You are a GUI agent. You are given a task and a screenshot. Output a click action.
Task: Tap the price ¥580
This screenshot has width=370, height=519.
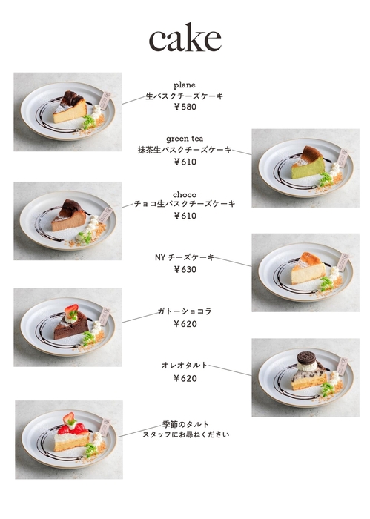click(x=185, y=107)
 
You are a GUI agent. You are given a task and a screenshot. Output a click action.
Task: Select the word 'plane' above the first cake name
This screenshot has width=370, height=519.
click(x=185, y=85)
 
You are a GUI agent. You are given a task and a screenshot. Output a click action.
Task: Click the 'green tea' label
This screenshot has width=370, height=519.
click(x=185, y=139)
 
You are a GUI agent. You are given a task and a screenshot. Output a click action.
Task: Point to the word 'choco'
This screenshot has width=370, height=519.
click(x=185, y=194)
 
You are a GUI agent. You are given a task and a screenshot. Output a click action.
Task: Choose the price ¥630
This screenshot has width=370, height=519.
click(x=185, y=269)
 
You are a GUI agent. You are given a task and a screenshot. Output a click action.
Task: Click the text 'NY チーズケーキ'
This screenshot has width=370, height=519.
click(x=185, y=257)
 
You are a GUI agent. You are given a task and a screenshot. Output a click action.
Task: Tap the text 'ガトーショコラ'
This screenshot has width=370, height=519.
click(x=185, y=311)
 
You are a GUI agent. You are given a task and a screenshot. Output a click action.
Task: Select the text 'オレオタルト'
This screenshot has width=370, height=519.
click(x=185, y=366)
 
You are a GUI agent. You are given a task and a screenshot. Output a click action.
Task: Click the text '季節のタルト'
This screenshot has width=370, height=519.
click(x=185, y=424)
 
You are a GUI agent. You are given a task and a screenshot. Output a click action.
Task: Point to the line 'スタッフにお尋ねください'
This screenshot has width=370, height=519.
click(x=185, y=434)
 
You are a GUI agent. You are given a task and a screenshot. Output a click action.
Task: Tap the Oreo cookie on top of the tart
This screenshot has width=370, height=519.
click(x=307, y=358)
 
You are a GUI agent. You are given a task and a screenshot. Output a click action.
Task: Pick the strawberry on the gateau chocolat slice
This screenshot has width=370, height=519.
click(x=72, y=310)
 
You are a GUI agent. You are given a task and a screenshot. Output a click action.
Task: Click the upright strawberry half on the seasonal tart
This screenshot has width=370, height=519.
click(x=69, y=417)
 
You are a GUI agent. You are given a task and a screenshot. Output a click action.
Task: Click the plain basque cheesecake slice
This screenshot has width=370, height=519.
click(x=70, y=107)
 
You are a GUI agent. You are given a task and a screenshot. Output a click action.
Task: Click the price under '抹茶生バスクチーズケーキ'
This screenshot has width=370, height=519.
click(x=185, y=162)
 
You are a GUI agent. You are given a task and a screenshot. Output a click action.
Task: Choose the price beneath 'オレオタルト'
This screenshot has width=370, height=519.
click(x=185, y=378)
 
